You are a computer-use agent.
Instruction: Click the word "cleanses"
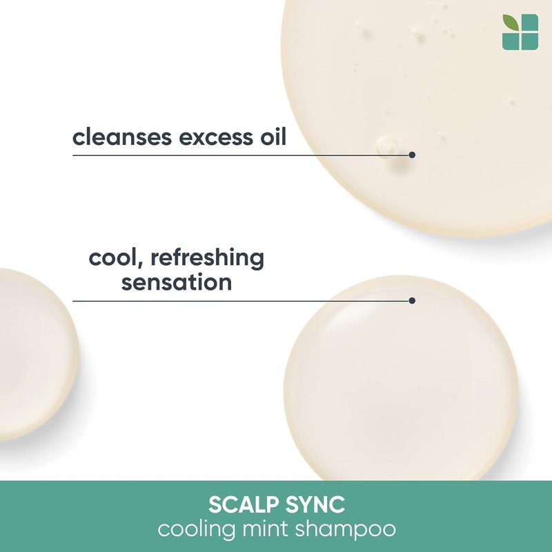[122, 137]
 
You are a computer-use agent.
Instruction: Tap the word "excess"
[215, 138]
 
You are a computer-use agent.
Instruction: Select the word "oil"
[273, 137]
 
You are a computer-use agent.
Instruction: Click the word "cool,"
[117, 258]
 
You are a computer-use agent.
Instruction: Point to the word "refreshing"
[208, 258]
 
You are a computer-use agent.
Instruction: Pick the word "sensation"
[177, 282]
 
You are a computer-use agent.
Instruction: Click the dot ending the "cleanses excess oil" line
[412, 155]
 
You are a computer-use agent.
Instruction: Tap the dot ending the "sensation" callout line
[412, 300]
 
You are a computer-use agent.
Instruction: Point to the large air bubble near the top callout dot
[384, 146]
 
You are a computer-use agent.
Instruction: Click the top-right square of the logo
[530, 23]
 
